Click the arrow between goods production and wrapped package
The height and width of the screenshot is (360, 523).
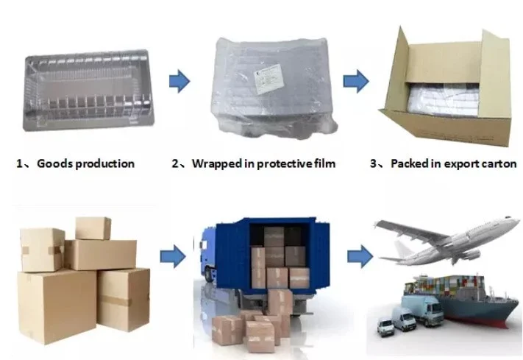[x=179, y=80]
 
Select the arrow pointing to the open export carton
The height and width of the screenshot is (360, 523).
[x=356, y=80]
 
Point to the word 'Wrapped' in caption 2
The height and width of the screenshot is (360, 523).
[x=216, y=163]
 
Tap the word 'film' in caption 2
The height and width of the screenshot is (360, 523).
[x=322, y=163]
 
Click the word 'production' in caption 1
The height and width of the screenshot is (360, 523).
[x=104, y=163]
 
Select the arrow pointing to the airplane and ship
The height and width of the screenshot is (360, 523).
[x=358, y=257]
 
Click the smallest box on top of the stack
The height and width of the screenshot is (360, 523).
[x=93, y=227]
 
